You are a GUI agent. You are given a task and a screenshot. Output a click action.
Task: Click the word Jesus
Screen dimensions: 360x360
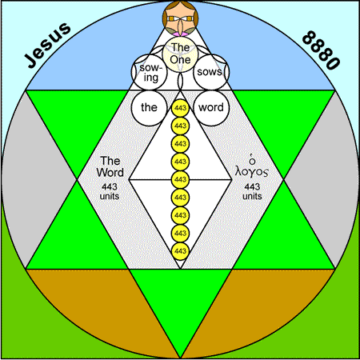[48, 45]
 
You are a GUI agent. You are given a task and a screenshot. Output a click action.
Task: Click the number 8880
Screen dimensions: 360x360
[322, 50]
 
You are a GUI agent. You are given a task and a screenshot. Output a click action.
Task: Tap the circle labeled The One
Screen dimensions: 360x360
[180, 54]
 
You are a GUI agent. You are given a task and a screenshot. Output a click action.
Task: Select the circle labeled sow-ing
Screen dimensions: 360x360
[150, 72]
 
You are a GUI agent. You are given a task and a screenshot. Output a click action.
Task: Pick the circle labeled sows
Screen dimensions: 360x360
[211, 72]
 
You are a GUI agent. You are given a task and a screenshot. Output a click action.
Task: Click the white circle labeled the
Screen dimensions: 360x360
[150, 108]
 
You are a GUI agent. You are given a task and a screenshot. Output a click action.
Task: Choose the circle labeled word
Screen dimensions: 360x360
[211, 108]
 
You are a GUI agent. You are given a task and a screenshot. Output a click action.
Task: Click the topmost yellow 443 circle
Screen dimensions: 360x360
[180, 108]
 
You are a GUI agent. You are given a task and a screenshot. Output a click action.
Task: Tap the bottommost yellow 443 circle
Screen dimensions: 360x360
[180, 251]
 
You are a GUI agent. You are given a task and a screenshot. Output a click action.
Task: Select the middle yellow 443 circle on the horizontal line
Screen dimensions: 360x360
[180, 179]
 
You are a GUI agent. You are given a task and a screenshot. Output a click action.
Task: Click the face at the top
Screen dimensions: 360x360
[180, 18]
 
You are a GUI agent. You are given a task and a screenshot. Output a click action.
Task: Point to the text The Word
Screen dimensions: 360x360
[110, 166]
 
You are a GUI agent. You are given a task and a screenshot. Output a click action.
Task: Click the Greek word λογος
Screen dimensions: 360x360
[252, 171]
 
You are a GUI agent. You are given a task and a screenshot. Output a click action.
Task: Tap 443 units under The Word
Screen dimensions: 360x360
[110, 191]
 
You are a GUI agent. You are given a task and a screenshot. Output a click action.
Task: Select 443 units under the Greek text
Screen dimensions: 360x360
[252, 191]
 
